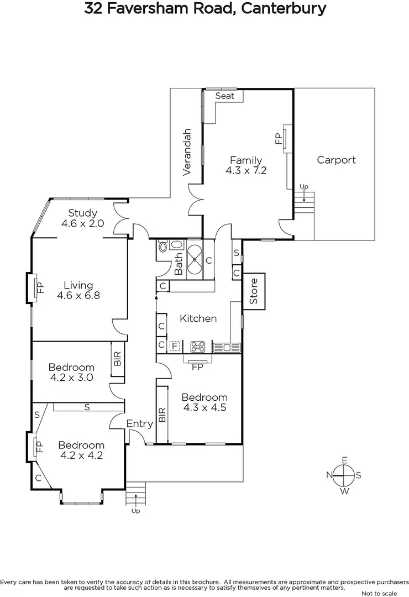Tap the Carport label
coord(336,160)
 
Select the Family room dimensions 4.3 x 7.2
coord(246,171)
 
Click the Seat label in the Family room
coord(225,96)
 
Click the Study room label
coord(83,213)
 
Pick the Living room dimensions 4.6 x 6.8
coord(78,295)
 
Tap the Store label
coord(254,291)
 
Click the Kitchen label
coord(198,318)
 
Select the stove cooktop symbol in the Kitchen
coord(197,347)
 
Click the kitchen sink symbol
coord(227,347)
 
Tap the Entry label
coord(139,423)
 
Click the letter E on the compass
coord(344,460)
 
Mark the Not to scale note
coord(377,593)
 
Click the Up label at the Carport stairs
coord(303,187)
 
